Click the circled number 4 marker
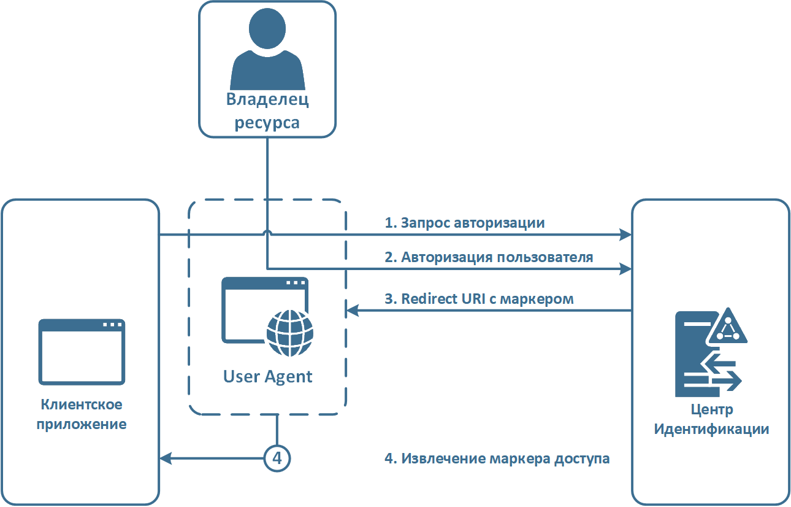(x=277, y=457)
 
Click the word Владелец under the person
(x=267, y=101)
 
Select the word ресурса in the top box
(x=267, y=122)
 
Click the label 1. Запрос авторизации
(x=464, y=223)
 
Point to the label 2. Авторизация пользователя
(x=489, y=257)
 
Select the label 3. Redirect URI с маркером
(x=479, y=299)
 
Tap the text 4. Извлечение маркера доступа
(x=497, y=459)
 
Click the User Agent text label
(x=267, y=376)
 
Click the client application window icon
(x=82, y=352)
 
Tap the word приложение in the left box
(x=82, y=424)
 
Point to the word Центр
(x=711, y=409)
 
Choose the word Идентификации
(x=711, y=429)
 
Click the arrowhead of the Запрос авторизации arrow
(x=627, y=234)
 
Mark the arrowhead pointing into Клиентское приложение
(x=164, y=457)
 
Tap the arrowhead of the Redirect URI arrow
(x=351, y=311)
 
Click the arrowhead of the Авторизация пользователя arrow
(x=627, y=268)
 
